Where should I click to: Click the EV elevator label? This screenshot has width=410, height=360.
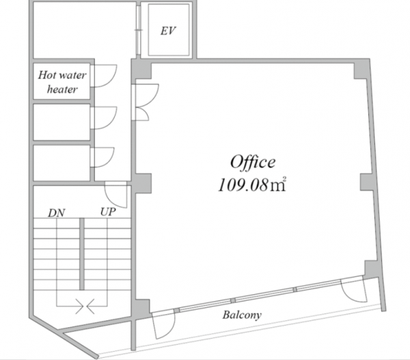click(x=168, y=31)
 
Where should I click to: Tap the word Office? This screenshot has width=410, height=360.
click(x=253, y=163)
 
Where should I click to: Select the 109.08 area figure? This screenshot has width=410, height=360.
click(x=243, y=185)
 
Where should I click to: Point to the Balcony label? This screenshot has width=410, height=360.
click(x=242, y=315)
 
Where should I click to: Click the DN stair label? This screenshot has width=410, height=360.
click(x=57, y=213)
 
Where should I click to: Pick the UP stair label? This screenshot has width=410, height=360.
click(x=108, y=212)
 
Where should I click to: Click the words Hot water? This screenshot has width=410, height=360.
click(x=62, y=75)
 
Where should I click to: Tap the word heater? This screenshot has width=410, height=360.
click(x=62, y=89)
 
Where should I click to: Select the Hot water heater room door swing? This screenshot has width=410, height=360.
click(x=105, y=76)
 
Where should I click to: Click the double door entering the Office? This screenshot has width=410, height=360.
click(x=145, y=102)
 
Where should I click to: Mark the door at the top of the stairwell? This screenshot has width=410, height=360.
click(x=116, y=195)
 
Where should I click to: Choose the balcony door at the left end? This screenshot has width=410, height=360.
click(x=164, y=324)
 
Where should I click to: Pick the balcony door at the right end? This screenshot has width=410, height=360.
click(x=353, y=290)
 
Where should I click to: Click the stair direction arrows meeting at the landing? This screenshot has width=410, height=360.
click(x=85, y=306)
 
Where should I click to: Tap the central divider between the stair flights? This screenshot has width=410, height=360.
click(x=82, y=254)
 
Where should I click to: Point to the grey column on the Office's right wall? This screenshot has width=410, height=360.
click(x=366, y=182)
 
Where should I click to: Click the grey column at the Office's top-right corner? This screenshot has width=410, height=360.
click(x=361, y=70)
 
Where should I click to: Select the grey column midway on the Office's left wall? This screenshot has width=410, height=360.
click(x=143, y=183)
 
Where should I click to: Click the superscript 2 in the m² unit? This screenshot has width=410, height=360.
click(x=284, y=179)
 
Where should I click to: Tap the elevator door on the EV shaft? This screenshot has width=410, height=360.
click(x=138, y=30)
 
